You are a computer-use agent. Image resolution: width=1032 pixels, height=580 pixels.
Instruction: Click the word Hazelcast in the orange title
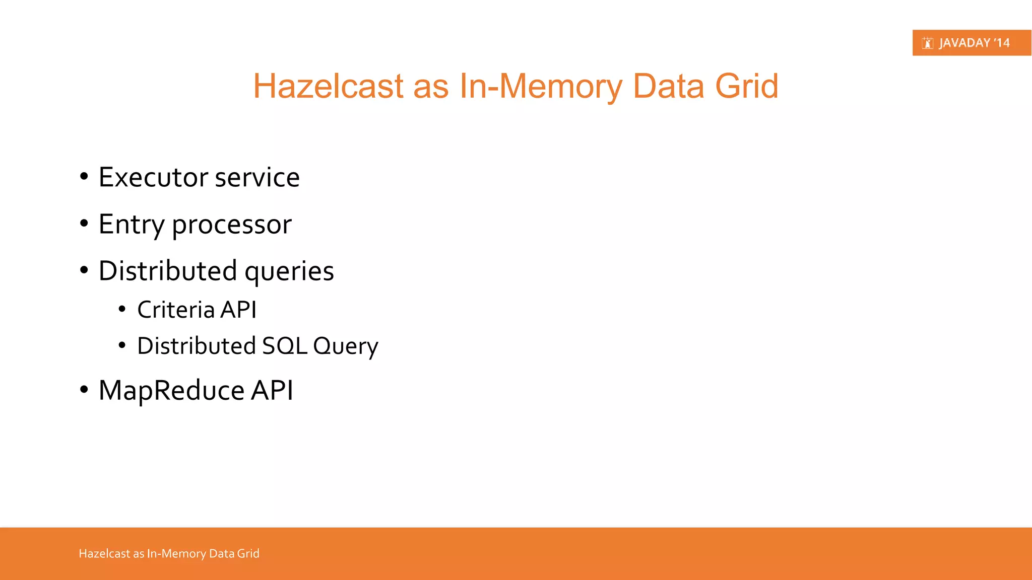click(328, 86)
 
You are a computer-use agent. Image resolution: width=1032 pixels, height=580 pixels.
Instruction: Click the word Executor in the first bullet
click(153, 177)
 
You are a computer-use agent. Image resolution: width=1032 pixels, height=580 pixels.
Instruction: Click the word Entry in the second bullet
click(131, 224)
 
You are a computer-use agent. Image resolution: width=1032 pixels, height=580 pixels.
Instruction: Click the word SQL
click(285, 346)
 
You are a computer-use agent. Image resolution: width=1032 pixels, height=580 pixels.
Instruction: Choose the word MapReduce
click(171, 391)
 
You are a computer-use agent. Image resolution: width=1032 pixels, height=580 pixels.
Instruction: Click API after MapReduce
click(272, 390)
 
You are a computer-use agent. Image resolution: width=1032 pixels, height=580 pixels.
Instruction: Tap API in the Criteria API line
click(239, 310)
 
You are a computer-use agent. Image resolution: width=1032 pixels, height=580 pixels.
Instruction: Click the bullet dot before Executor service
click(84, 177)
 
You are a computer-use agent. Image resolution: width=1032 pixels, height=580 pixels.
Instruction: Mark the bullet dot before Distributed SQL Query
click(122, 345)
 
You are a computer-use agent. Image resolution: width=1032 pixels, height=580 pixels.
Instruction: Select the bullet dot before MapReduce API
click(84, 390)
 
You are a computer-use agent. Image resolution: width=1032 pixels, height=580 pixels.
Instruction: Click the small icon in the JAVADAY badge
click(927, 43)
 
